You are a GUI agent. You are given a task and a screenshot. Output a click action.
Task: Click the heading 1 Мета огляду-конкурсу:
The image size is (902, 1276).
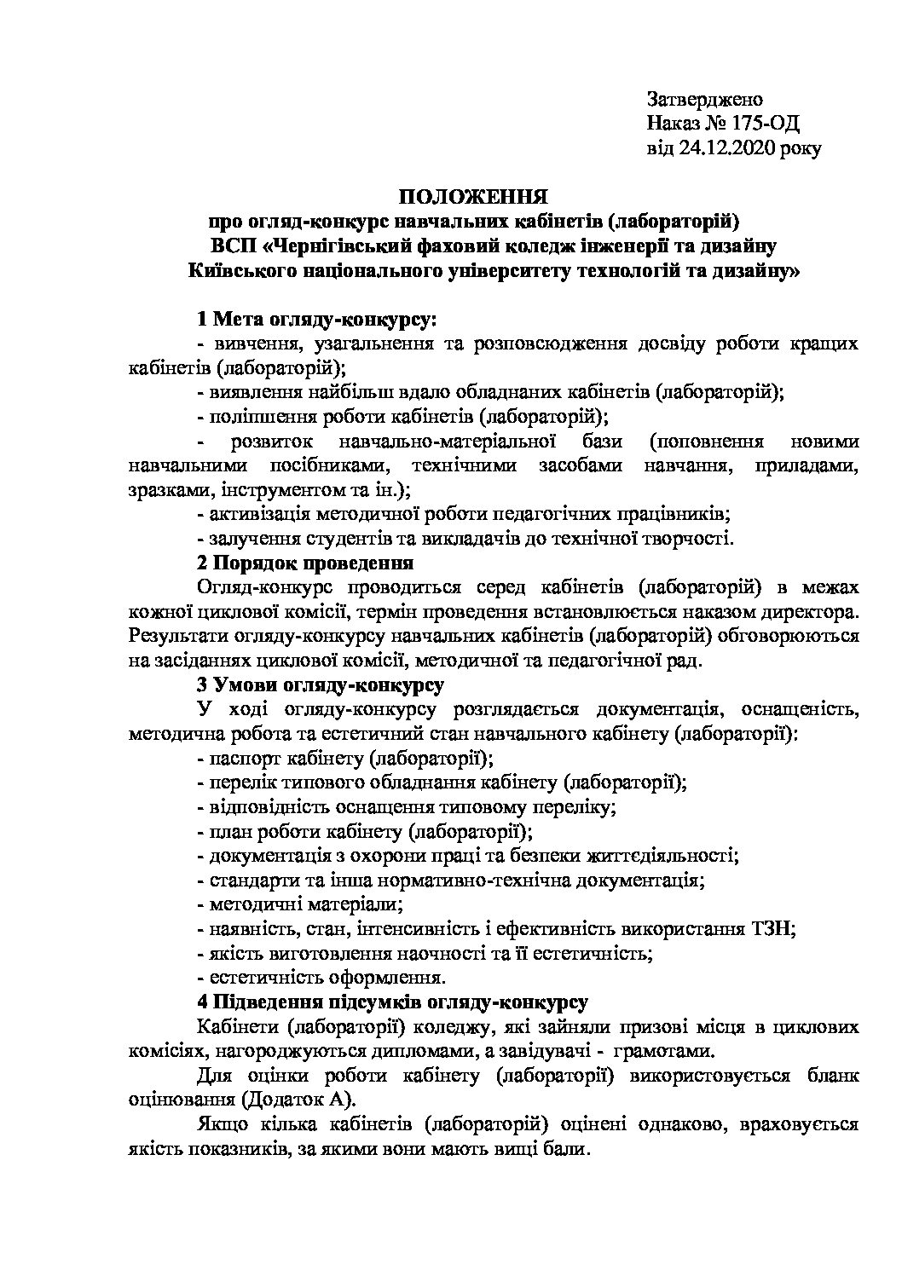click(315, 320)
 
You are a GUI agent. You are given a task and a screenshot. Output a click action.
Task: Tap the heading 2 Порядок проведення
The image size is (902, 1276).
click(304, 563)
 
